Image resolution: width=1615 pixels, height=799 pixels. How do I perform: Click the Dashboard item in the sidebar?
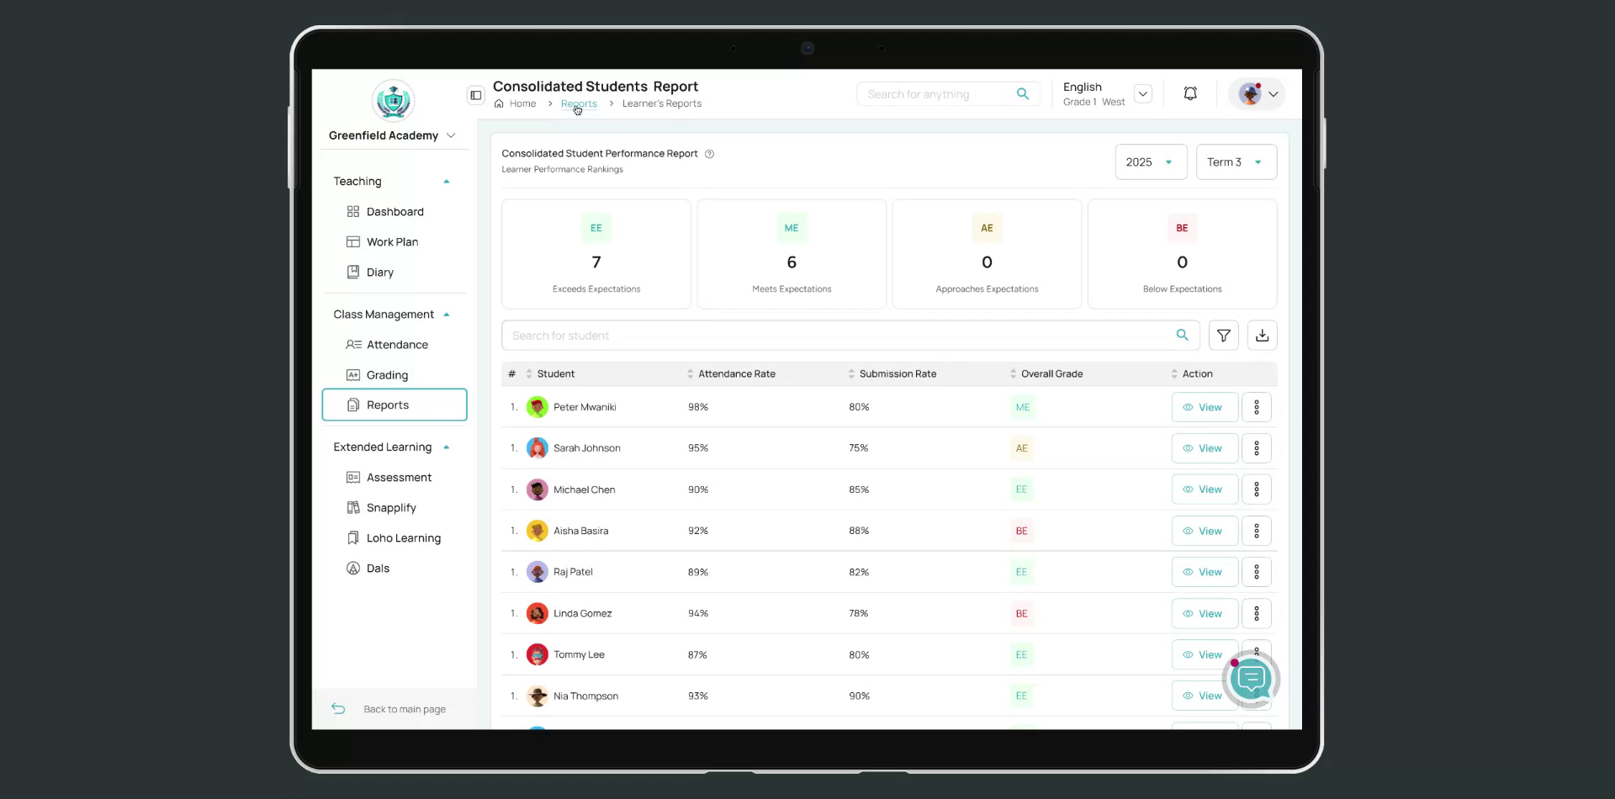(x=394, y=212)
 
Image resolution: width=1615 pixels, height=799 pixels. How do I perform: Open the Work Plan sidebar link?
(x=392, y=242)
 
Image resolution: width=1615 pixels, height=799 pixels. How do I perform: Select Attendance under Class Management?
(x=396, y=345)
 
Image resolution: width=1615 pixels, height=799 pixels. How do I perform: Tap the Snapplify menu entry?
(x=390, y=508)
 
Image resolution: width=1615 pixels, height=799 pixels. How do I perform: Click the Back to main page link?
(x=404, y=709)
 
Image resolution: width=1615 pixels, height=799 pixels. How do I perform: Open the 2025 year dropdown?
(x=1150, y=162)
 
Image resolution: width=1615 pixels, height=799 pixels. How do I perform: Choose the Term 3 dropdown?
(x=1235, y=162)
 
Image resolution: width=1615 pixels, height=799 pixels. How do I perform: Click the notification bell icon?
(x=1190, y=94)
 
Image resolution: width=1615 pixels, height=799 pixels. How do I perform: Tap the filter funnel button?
(x=1223, y=336)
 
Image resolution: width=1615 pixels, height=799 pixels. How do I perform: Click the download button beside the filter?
(x=1262, y=336)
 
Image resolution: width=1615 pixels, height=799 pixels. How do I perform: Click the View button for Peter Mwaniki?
(x=1204, y=407)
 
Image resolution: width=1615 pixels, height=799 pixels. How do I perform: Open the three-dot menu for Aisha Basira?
(x=1256, y=531)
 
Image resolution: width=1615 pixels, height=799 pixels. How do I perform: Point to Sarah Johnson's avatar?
(x=537, y=448)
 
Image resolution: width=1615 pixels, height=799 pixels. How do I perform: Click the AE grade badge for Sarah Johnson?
(x=1021, y=448)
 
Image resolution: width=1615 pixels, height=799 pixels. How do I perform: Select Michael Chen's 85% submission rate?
(x=859, y=489)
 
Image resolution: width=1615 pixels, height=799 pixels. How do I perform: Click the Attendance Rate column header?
(x=736, y=374)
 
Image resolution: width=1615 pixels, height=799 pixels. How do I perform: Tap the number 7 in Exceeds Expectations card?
(x=596, y=262)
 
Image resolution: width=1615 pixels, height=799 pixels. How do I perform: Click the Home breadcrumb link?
(x=522, y=104)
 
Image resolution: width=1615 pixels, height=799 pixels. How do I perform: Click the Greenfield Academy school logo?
(x=393, y=102)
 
